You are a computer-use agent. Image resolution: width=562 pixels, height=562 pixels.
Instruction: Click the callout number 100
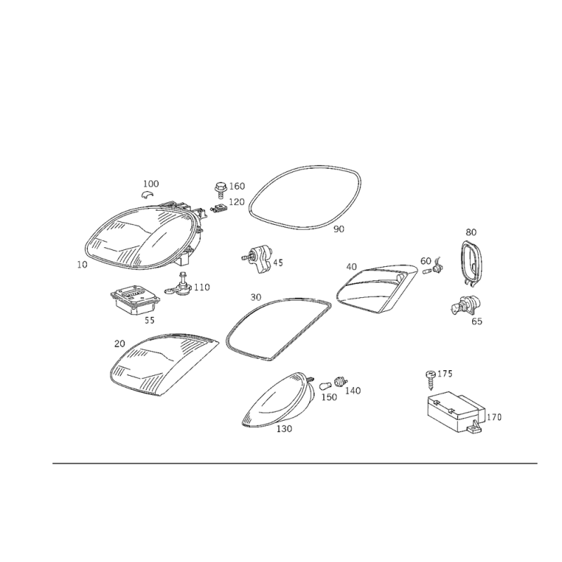[151, 184]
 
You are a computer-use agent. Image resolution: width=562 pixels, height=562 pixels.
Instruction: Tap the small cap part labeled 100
[147, 195]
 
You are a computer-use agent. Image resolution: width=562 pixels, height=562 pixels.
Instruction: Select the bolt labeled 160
[220, 189]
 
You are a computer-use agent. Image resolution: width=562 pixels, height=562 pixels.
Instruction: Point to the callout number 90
[339, 229]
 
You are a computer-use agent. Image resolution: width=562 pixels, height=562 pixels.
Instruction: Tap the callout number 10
[82, 265]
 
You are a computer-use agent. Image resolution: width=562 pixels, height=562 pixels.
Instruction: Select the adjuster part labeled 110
[178, 286]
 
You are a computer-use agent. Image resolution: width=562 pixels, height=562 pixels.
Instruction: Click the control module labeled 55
[133, 300]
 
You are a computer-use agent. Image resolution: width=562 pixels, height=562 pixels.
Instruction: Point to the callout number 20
[119, 344]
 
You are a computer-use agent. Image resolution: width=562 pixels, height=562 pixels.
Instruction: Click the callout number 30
[256, 297]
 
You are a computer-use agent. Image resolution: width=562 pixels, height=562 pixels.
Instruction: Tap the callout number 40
[352, 267]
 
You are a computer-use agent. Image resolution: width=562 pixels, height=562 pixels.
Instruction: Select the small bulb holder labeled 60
[434, 268]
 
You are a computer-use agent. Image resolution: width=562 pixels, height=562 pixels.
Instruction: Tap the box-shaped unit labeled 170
[456, 412]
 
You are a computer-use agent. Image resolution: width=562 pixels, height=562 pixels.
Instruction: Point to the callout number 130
[285, 429]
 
